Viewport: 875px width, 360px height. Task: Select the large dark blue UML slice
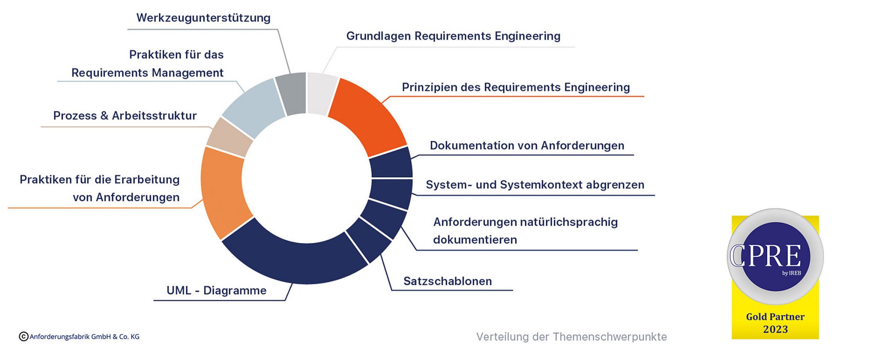(x=295, y=260)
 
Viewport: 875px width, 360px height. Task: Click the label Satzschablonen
(x=447, y=281)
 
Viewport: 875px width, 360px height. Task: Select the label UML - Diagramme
(x=216, y=290)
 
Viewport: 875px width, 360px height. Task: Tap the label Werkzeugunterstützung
(x=203, y=18)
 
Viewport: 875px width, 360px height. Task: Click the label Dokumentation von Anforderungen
(x=527, y=146)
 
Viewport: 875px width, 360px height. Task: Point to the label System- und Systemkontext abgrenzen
(x=535, y=185)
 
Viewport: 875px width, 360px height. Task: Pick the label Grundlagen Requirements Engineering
(x=453, y=36)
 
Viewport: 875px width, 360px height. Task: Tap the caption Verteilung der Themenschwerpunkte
(x=571, y=337)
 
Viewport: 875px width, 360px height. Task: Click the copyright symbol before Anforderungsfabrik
(x=23, y=337)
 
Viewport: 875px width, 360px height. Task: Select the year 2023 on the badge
(x=775, y=329)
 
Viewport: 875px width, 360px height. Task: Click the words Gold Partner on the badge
(x=775, y=317)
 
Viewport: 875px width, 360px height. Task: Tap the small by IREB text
(x=791, y=273)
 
